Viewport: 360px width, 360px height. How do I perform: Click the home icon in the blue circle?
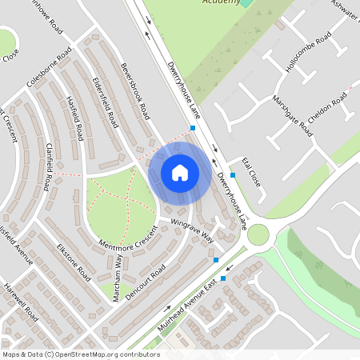(180, 172)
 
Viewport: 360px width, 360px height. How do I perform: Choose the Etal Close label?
(250, 170)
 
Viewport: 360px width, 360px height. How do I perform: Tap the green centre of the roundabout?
(258, 234)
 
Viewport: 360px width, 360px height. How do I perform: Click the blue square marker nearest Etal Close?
(232, 174)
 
